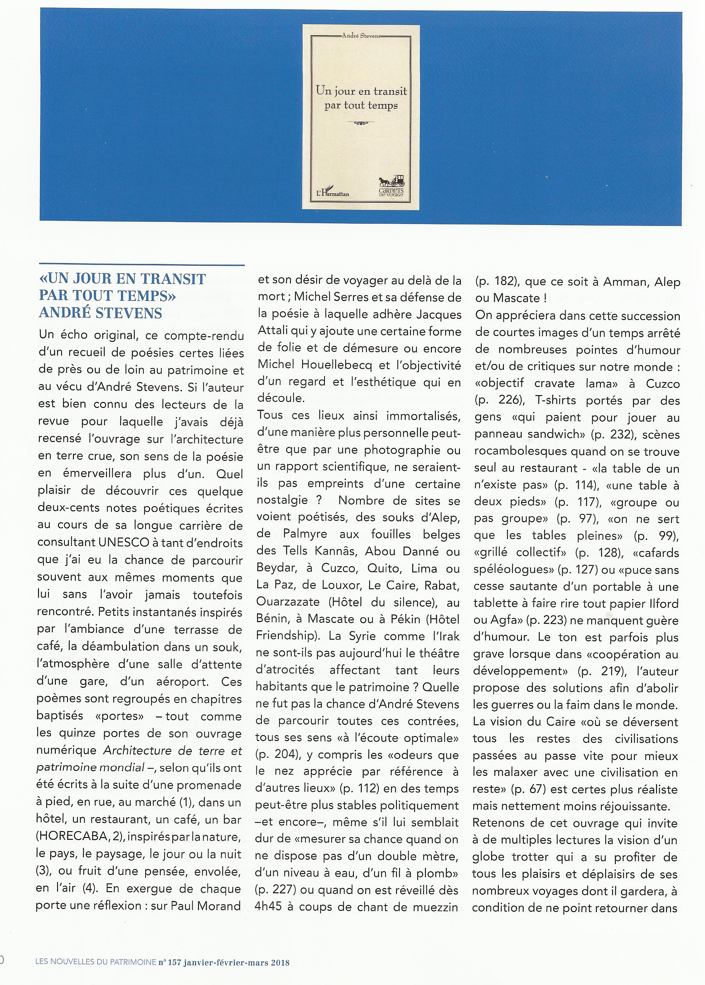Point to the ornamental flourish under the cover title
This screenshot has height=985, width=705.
[x=361, y=124]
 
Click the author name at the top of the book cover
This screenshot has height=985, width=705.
[x=361, y=37]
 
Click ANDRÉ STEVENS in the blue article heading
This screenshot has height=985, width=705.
[x=100, y=313]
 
